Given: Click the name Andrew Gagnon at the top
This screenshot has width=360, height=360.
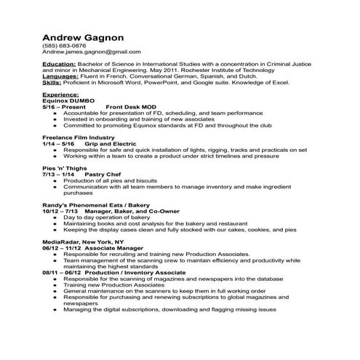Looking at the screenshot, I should coord(81,36).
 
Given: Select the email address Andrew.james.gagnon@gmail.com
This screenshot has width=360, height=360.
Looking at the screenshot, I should coord(91,52).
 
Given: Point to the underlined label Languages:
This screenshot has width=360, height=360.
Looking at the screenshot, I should coord(61,76).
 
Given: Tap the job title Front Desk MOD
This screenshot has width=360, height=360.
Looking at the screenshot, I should coord(131,107).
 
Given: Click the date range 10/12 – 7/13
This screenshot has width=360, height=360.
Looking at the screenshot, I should coord(60,211).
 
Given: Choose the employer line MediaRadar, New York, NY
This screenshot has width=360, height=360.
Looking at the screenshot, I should coord(84,241).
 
